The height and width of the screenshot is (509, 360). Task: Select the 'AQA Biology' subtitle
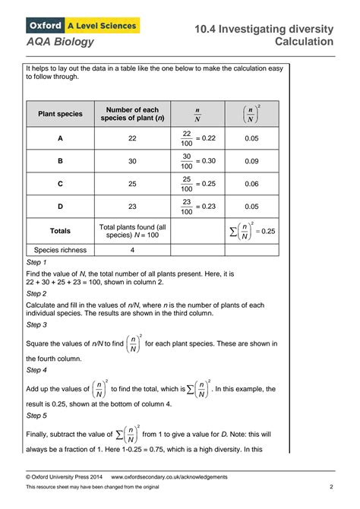pyautogui.click(x=60, y=42)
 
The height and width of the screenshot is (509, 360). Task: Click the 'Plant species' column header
pyautogui.click(x=60, y=114)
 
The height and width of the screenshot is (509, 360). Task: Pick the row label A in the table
pyautogui.click(x=60, y=139)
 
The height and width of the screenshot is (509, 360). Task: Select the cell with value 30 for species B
pyautogui.click(x=132, y=161)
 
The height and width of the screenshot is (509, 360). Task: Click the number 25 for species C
pyautogui.click(x=132, y=183)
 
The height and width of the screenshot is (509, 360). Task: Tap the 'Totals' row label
pyautogui.click(x=60, y=230)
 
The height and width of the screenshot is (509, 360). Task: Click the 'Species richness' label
pyautogui.click(x=60, y=249)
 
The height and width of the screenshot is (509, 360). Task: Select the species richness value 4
pyautogui.click(x=132, y=249)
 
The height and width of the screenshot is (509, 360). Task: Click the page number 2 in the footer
pyautogui.click(x=331, y=487)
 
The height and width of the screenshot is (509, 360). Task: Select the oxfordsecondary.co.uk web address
pyautogui.click(x=169, y=477)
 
